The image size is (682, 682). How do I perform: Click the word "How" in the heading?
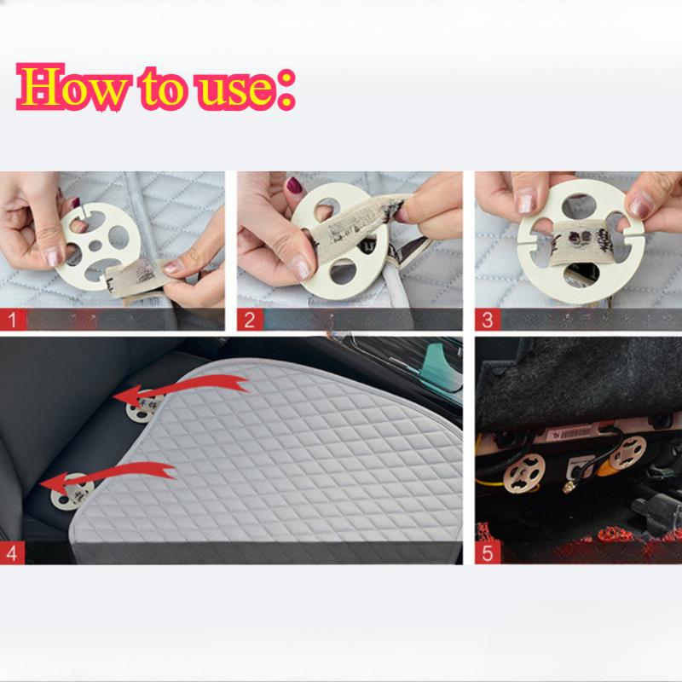pyautogui.click(x=72, y=87)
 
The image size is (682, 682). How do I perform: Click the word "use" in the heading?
pyautogui.click(x=237, y=89)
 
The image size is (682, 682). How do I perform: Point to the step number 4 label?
pyautogui.click(x=12, y=553)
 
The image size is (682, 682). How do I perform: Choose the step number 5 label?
pyautogui.click(x=488, y=553)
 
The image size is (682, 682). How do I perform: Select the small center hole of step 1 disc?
pyautogui.click(x=95, y=246)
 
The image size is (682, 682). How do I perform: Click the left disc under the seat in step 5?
pyautogui.click(x=523, y=473)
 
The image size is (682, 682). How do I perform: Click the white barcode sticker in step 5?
pyautogui.click(x=574, y=433)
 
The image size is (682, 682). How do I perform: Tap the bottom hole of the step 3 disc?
pyautogui.click(x=581, y=275)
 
